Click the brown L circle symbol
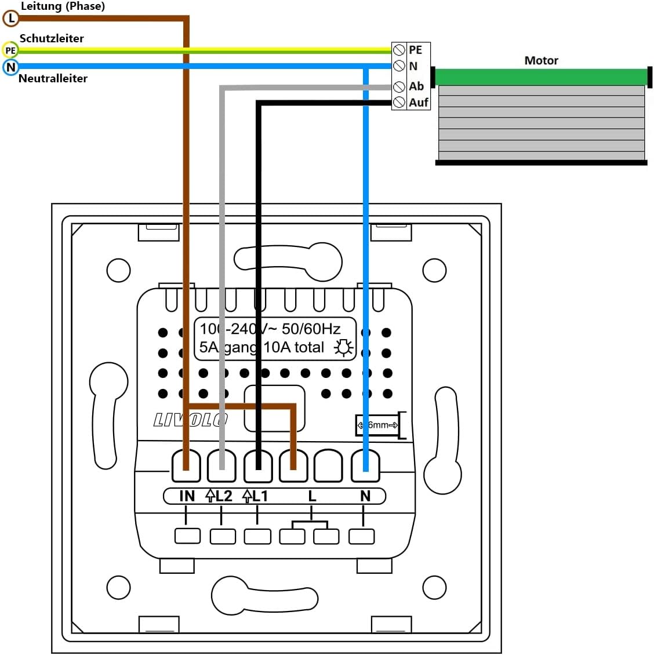10,19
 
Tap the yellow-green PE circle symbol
10,50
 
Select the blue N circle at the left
10,67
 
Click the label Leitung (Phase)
63,6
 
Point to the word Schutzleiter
52,38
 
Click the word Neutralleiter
53,78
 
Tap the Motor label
541,60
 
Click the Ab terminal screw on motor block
399,86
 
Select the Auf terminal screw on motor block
399,103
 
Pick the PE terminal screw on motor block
399,50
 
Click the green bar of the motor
540,77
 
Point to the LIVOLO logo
190,420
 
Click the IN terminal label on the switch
187,496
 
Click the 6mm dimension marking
378,425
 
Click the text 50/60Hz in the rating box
311,329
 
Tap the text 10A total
294,347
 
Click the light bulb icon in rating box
343,347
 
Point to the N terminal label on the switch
365,496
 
